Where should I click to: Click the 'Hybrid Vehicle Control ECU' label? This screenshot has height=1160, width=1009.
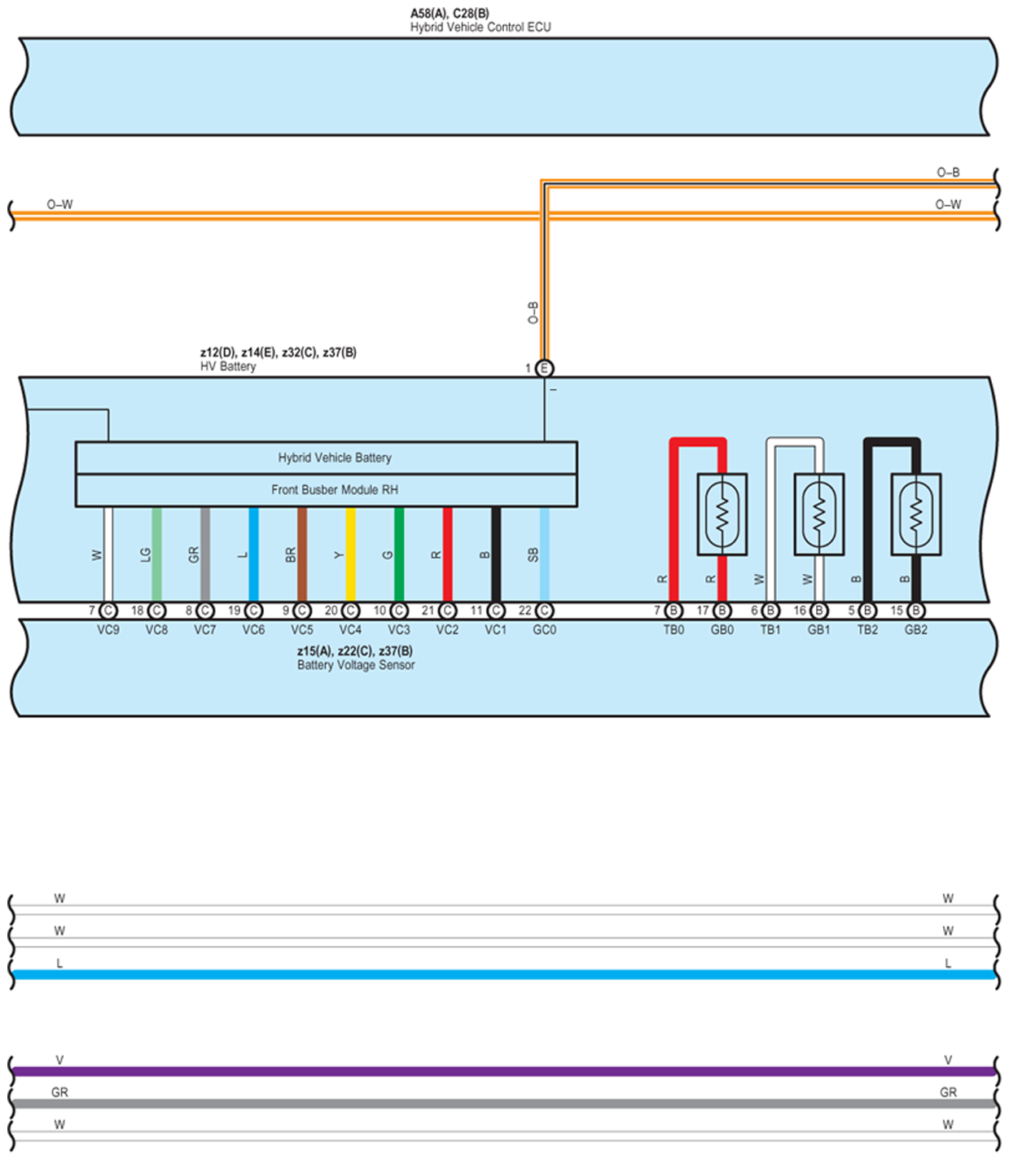480,28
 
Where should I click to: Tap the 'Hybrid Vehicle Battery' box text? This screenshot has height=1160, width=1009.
335,458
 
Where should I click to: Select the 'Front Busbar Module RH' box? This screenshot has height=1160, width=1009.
335,490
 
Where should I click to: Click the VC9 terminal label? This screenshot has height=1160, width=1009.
108,630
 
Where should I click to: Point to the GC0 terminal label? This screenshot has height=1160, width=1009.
544,630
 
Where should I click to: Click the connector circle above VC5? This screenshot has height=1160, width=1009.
302,611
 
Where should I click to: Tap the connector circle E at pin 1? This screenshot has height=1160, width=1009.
544,369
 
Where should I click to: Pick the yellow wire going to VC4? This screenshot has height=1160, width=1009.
351,554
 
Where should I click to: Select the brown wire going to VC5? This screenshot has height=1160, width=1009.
302,554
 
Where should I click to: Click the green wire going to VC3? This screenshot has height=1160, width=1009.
399,554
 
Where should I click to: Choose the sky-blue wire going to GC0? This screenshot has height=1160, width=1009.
544,554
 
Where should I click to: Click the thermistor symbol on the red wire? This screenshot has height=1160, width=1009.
722,514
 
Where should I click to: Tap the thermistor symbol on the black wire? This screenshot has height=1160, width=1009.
916,514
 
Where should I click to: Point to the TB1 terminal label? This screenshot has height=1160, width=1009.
770,630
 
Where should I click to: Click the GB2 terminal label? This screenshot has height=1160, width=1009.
916,630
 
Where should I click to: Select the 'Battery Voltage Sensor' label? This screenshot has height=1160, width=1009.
356,665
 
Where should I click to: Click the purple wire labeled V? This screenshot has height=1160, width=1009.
505,1071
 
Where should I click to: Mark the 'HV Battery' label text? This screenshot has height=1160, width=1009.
228,367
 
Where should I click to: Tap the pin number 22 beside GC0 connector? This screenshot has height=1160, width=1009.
525,611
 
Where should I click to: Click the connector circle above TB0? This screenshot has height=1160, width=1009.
673,611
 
